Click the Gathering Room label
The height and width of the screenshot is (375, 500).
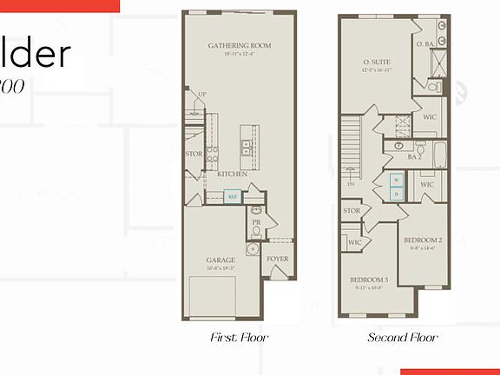point(240,45)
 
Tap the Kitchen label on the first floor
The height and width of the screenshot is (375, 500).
point(233,174)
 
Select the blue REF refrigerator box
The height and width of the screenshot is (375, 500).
point(232,196)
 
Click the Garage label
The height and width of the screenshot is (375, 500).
point(220,260)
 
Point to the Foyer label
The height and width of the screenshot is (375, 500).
point(277,260)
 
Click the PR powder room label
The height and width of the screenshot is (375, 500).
point(257,221)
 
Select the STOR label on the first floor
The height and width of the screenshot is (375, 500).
point(193,154)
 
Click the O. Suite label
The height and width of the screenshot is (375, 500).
point(378,62)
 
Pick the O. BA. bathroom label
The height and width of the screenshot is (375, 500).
point(425,43)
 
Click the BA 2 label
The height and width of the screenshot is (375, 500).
point(414,157)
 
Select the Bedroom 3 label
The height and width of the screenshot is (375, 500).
point(370,280)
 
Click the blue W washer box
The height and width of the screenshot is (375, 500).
point(396,181)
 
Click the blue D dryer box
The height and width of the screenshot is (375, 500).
point(396,194)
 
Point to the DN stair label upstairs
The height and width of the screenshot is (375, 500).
point(352,184)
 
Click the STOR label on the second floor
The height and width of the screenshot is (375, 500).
point(352,210)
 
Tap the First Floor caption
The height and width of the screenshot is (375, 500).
point(240,337)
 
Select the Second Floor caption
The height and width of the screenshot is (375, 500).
point(402,337)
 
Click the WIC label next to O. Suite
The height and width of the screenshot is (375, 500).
point(429,116)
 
